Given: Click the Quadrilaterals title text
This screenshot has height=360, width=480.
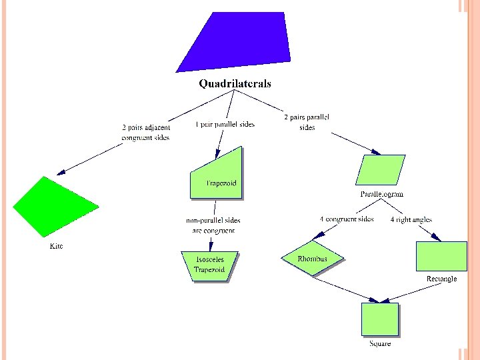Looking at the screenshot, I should pos(235,84).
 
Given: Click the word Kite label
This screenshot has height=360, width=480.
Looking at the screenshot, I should pos(57,246).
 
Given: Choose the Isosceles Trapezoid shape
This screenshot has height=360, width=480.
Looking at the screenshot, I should pos(209,265).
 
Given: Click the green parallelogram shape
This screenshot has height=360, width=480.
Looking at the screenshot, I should pos(381,170).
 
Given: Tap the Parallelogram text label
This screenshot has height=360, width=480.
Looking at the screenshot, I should pos(381,194).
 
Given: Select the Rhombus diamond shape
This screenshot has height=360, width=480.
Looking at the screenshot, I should pos(313,259).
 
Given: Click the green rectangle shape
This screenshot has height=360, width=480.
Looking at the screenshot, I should pos(441,257).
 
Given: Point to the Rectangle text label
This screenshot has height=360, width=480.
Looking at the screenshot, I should pos(441,279).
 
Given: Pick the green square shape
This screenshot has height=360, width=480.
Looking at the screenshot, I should pos(379,319).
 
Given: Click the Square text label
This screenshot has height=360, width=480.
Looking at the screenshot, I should pos(380,343).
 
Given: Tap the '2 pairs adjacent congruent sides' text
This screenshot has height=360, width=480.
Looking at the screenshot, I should pos(145,132).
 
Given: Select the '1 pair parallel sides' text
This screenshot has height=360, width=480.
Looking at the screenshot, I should pos(225,125).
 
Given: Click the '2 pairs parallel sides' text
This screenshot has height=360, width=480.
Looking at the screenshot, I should pos(307,122).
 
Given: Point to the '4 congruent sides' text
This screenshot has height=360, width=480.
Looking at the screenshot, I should pos(346,219).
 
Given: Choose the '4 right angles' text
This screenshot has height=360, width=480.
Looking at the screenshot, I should pos(411,219).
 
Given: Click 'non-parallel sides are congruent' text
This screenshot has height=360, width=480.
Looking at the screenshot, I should pos(213,225).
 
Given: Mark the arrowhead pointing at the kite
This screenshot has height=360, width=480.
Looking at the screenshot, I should pos(60,172).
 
